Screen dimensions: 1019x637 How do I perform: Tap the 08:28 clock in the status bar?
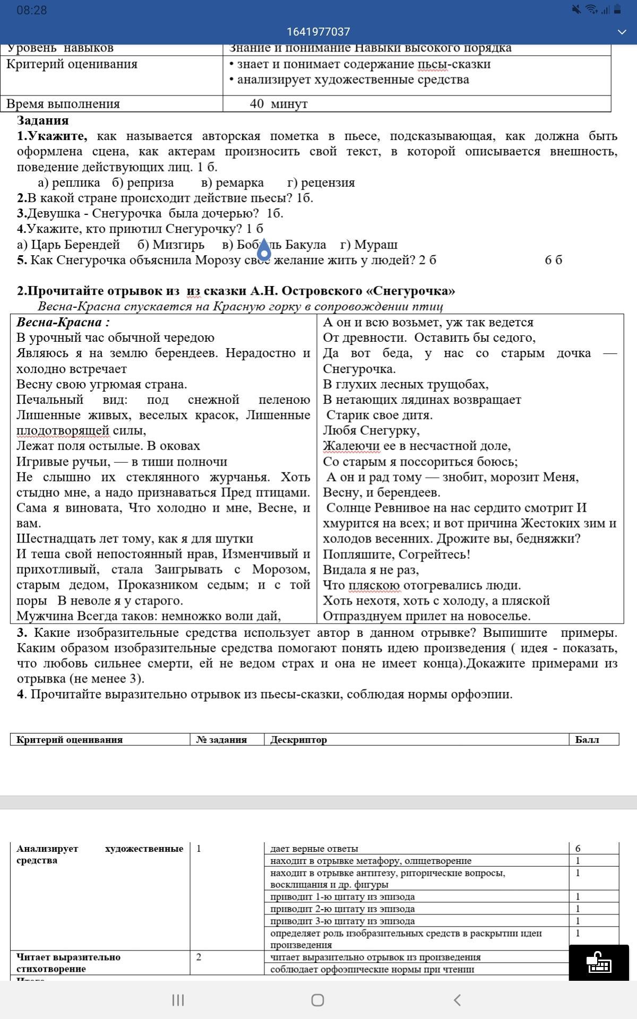point(32,10)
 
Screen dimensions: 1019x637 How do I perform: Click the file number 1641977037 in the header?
point(318,32)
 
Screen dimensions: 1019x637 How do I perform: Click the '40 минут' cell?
point(279,103)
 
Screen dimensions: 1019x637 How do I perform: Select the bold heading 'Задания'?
point(42,120)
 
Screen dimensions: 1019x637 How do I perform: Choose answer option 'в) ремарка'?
point(233,183)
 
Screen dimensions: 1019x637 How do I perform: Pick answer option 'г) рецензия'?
point(321,183)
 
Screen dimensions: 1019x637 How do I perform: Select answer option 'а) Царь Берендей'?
point(68,245)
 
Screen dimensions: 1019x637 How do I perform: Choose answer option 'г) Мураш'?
point(369,245)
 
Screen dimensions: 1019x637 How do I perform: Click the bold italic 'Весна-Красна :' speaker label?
point(63,322)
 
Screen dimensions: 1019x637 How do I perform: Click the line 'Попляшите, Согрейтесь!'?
point(397,555)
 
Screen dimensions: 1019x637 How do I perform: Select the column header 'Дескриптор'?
point(298,740)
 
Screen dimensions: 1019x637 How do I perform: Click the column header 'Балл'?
point(587,740)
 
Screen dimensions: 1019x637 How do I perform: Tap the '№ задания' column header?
point(221,740)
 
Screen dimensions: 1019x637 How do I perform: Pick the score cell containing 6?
point(578,848)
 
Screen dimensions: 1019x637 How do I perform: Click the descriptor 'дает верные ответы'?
point(314,848)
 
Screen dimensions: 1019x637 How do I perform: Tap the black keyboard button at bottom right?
point(599,962)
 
